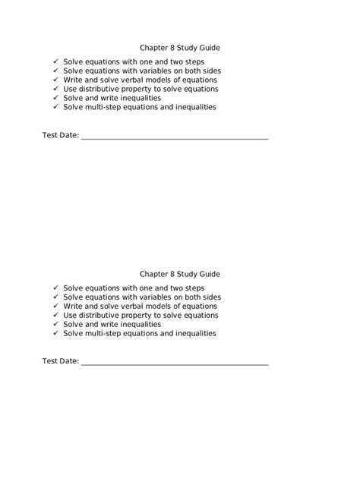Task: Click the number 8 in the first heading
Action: point(173,47)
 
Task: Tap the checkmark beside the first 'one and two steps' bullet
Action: point(55,61)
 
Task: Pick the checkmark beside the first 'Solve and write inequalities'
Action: point(55,98)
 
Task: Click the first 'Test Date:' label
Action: point(60,137)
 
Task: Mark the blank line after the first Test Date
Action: point(174,138)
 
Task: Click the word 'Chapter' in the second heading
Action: point(154,273)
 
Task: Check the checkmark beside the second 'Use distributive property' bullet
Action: point(55,315)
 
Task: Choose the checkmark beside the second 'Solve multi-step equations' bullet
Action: point(55,333)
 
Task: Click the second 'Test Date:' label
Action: point(60,362)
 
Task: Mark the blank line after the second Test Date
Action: point(174,364)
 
